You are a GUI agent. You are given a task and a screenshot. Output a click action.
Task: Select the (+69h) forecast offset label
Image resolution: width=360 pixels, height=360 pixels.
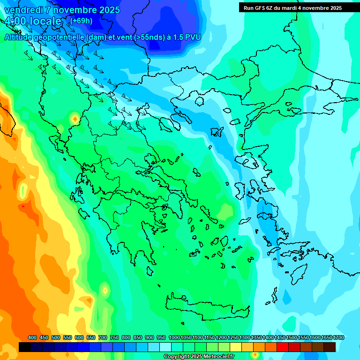81,21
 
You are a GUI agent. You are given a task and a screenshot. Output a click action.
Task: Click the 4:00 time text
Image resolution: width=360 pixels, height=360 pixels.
17,21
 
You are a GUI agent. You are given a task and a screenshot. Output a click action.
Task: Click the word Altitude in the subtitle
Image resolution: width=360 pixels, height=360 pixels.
19,37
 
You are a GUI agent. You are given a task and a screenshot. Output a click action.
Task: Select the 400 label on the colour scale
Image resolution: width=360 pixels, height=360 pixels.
32,338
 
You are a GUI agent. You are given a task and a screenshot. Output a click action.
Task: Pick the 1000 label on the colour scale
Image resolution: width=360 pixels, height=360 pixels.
174,338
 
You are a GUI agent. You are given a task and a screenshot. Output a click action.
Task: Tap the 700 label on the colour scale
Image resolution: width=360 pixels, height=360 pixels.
102,338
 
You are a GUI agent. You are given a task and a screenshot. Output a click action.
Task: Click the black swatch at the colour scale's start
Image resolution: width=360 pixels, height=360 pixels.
25,347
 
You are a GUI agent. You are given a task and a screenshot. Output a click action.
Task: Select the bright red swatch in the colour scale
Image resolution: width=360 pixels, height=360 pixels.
283,347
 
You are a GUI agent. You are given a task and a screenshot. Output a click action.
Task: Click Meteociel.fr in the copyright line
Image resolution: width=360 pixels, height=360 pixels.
216,357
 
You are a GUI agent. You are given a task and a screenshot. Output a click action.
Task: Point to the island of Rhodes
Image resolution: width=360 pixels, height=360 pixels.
298,274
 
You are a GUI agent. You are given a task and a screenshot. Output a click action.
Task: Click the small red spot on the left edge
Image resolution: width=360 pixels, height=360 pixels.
22,206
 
